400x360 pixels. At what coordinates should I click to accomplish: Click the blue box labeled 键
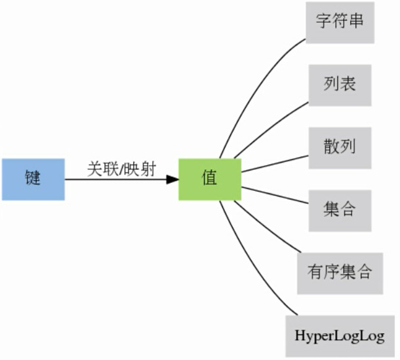[33, 179]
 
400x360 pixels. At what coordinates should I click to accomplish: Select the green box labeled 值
[210, 179]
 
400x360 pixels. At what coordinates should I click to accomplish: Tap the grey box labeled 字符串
[340, 22]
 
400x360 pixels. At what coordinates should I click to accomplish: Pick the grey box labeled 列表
[340, 85]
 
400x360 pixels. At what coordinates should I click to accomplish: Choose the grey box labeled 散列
[340, 147]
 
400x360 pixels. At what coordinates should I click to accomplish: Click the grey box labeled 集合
[340, 210]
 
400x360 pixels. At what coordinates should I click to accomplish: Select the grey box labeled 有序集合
[340, 271]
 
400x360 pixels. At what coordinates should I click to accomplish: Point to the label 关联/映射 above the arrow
[121, 169]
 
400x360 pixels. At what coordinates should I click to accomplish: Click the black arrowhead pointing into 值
[172, 179]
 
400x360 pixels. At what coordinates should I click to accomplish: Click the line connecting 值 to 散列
[275, 163]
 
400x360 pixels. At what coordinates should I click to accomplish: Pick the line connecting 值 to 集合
[275, 195]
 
